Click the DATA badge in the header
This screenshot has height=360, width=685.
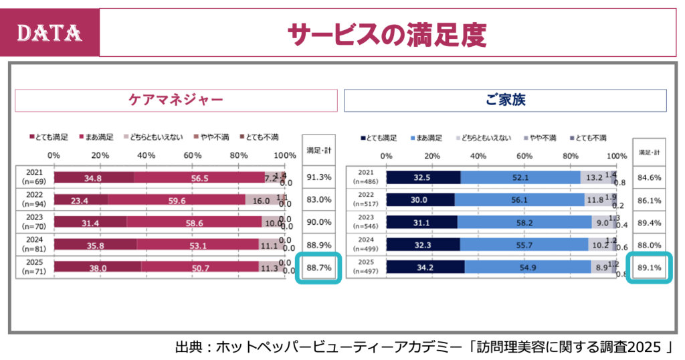pos(49,32)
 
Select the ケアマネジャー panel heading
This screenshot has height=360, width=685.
pos(176,100)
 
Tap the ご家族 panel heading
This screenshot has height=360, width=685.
pos(505,100)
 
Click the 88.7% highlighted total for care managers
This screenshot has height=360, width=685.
pos(318,268)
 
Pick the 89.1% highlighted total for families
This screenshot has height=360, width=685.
pos(650,268)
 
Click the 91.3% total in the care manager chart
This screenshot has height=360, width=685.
pos(318,177)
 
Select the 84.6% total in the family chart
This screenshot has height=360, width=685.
pos(650,177)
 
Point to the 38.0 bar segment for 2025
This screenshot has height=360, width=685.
pos(98,268)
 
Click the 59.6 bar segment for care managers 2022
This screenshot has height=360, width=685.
pos(177,199)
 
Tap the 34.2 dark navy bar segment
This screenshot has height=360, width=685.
pos(425,268)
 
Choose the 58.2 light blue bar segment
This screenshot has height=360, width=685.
pos(524,222)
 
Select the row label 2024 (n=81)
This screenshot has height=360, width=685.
pos(33,245)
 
